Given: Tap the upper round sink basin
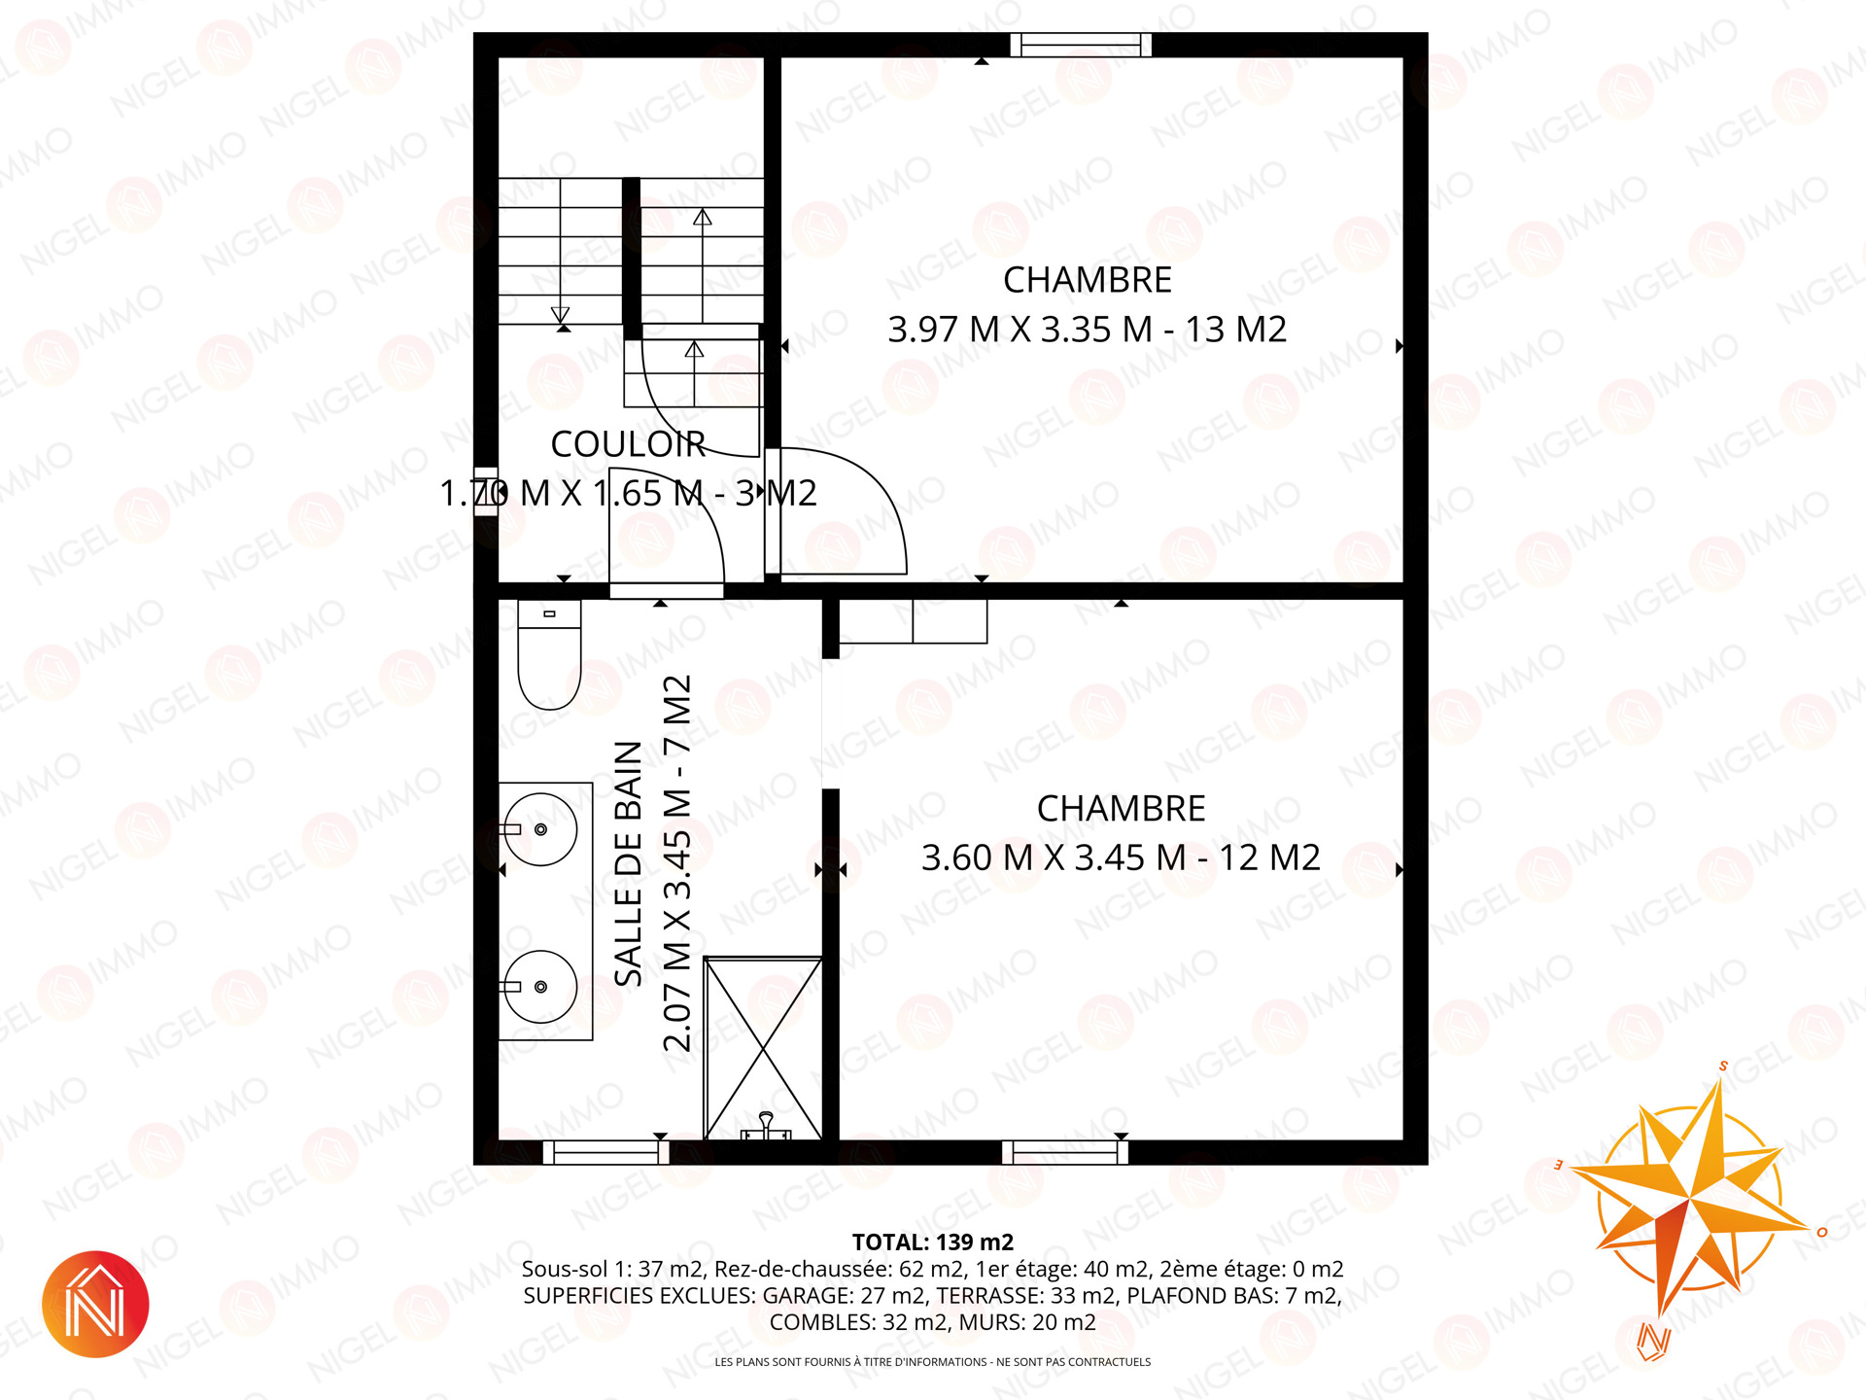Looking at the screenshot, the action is point(540,829).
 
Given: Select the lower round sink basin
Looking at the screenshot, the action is point(540,987).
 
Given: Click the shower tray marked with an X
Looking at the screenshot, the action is point(763,1048).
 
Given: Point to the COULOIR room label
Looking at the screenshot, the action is point(628,444).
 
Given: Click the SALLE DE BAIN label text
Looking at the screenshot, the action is point(629,863).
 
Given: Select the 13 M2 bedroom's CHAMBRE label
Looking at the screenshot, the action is point(1088,280).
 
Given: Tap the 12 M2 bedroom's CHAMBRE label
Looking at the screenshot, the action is point(1121,809).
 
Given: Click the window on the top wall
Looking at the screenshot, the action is point(1081,45).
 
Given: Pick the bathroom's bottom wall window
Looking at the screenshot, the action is point(605,1153).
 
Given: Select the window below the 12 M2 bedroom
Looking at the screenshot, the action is point(1065,1153).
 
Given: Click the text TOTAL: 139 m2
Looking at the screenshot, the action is point(933,1242).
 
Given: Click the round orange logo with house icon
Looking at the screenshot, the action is point(95,1304).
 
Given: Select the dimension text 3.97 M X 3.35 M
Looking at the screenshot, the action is point(1019,330).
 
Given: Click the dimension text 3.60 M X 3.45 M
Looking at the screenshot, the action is point(1054,858).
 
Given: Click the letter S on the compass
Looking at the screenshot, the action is point(1723,1066).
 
